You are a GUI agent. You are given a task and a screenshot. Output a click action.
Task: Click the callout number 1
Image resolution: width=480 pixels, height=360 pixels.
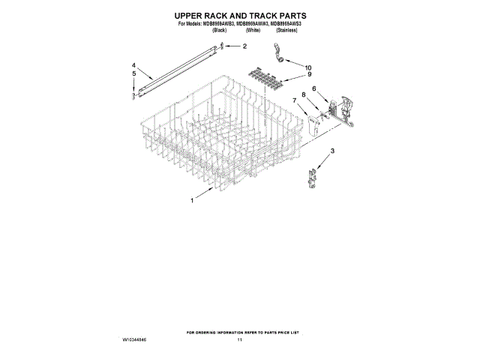(192, 201)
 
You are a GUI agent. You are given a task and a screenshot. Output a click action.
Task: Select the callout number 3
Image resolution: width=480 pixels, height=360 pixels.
(332, 152)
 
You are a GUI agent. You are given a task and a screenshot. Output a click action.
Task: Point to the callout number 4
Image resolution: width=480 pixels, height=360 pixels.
(133, 65)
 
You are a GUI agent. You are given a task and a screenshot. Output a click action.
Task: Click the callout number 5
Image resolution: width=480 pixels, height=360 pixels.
(133, 74)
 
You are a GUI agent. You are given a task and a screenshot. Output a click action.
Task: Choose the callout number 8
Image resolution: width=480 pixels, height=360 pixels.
(303, 94)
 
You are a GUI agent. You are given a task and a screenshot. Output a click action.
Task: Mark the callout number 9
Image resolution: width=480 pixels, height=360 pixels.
(308, 75)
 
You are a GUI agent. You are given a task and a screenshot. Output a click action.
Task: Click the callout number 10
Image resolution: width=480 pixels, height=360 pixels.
(307, 67)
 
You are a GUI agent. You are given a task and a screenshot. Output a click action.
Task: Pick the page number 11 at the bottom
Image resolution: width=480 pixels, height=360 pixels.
(240, 340)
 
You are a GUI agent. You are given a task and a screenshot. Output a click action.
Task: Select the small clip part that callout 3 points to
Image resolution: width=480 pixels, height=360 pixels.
(311, 176)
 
